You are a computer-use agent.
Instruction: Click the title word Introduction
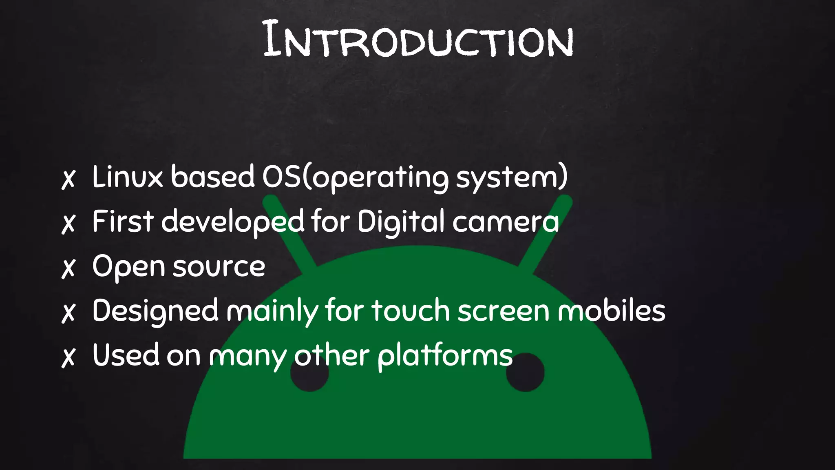click(418, 40)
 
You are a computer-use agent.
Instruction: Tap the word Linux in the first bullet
click(127, 177)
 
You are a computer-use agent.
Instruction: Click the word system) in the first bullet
click(512, 178)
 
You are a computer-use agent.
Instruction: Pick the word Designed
click(155, 311)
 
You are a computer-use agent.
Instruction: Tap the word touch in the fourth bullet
click(410, 311)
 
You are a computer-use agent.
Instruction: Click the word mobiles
click(611, 311)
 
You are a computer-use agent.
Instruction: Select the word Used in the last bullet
click(126, 355)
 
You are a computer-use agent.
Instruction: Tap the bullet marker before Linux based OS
click(68, 179)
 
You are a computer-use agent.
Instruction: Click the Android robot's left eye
click(309, 374)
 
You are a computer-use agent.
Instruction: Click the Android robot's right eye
click(525, 373)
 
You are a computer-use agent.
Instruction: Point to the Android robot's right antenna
click(546, 233)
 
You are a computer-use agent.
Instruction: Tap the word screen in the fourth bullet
click(503, 311)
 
